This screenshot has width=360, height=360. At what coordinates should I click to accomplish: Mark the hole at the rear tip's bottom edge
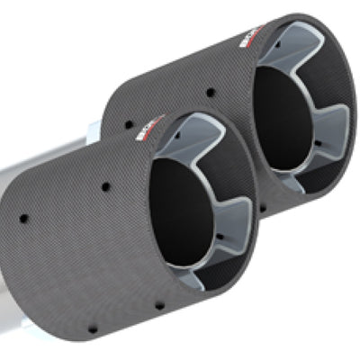point(261,209)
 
